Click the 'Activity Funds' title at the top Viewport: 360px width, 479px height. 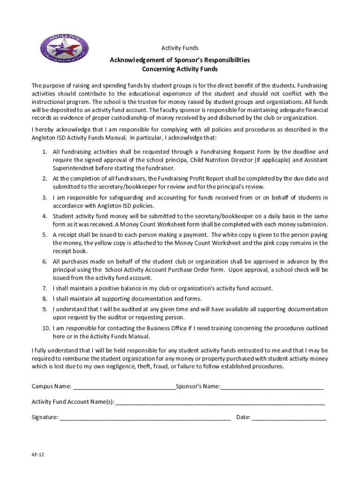coord(180,48)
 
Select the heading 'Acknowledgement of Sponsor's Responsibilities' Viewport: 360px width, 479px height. coord(180,60)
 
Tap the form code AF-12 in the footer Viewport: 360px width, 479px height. coord(38,454)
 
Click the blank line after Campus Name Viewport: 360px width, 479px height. coord(124,386)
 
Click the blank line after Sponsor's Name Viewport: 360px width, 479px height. coord(272,386)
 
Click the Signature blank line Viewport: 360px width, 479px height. coord(145,417)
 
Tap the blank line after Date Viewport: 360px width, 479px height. coord(288,417)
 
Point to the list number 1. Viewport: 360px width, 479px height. coord(44,152)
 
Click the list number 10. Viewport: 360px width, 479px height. coord(43,328)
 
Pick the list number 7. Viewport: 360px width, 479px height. coord(44,288)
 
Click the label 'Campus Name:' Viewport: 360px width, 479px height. coord(51,386)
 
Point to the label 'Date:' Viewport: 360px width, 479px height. coord(244,417)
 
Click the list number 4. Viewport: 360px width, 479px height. coord(44,216)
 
